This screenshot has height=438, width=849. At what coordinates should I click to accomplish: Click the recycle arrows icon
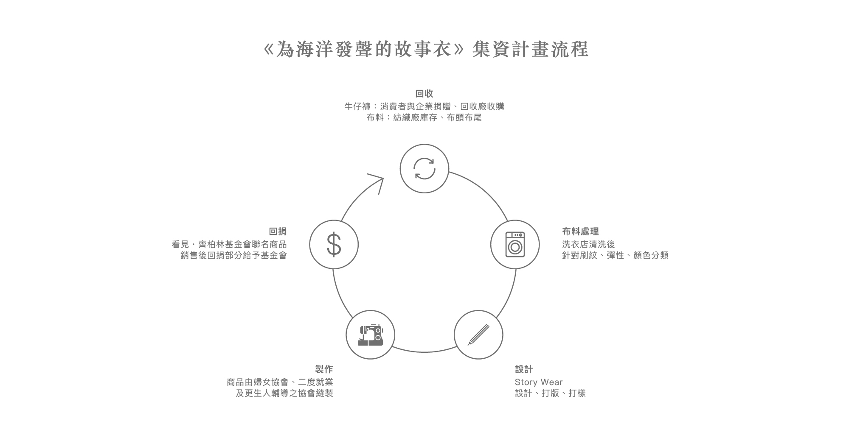(x=424, y=169)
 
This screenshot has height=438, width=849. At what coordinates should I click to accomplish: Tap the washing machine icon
(x=515, y=244)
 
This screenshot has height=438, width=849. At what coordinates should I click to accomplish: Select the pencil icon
(x=478, y=335)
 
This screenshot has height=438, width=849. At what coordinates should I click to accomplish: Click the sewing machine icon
(x=370, y=335)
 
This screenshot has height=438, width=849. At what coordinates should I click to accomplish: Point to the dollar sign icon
(x=334, y=245)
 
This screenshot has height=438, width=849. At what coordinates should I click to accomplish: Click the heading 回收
(x=424, y=94)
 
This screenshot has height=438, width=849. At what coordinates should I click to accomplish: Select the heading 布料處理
(x=580, y=232)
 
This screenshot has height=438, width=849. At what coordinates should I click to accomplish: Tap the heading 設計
(x=524, y=369)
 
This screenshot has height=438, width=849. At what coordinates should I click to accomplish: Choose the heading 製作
(x=324, y=369)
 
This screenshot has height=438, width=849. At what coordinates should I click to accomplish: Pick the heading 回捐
(x=278, y=232)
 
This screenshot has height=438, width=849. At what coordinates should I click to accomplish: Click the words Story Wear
(x=538, y=382)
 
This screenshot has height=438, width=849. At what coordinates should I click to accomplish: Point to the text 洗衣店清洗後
(x=588, y=244)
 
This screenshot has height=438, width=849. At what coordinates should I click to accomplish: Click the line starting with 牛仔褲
(x=424, y=106)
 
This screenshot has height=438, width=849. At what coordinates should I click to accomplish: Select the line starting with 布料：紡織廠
(x=424, y=118)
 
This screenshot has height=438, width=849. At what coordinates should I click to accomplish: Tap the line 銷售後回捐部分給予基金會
(x=233, y=256)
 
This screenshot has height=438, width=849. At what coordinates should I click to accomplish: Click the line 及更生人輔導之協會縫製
(x=284, y=393)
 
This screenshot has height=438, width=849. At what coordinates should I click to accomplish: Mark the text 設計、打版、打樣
(x=550, y=393)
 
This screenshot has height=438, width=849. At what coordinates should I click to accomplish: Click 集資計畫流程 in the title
(x=530, y=50)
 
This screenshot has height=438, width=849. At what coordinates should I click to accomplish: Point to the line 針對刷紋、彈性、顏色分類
(x=615, y=256)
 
